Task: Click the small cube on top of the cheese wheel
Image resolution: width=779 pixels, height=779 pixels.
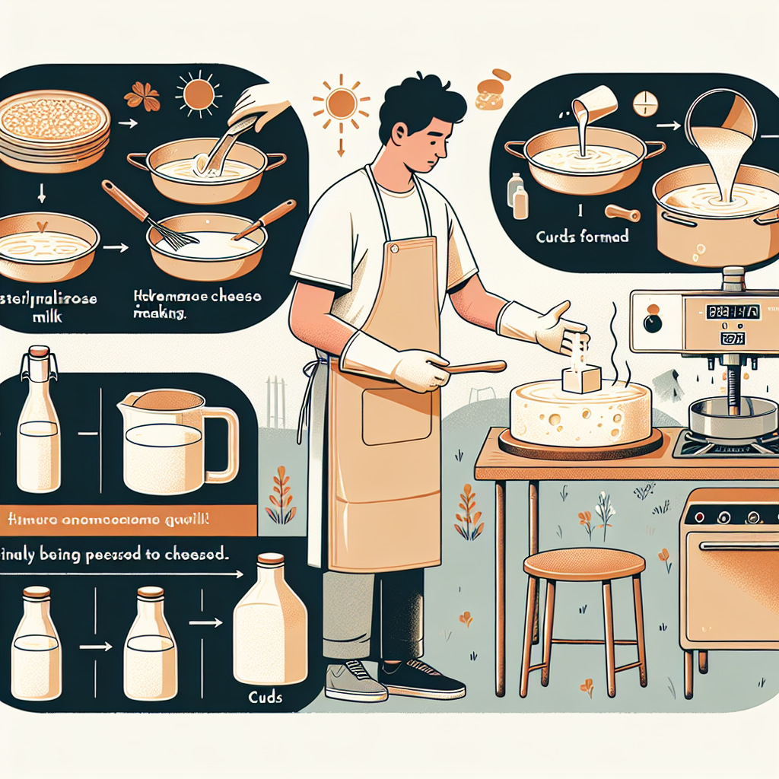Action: click(581, 379)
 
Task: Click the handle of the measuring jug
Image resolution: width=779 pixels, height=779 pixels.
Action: click(220, 445)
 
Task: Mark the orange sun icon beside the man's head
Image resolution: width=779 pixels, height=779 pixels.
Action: click(341, 103)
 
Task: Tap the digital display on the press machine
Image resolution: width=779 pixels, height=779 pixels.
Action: click(733, 312)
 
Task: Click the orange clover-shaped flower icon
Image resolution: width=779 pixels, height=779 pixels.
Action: click(142, 97)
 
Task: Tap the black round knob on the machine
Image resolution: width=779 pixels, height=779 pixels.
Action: click(652, 323)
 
